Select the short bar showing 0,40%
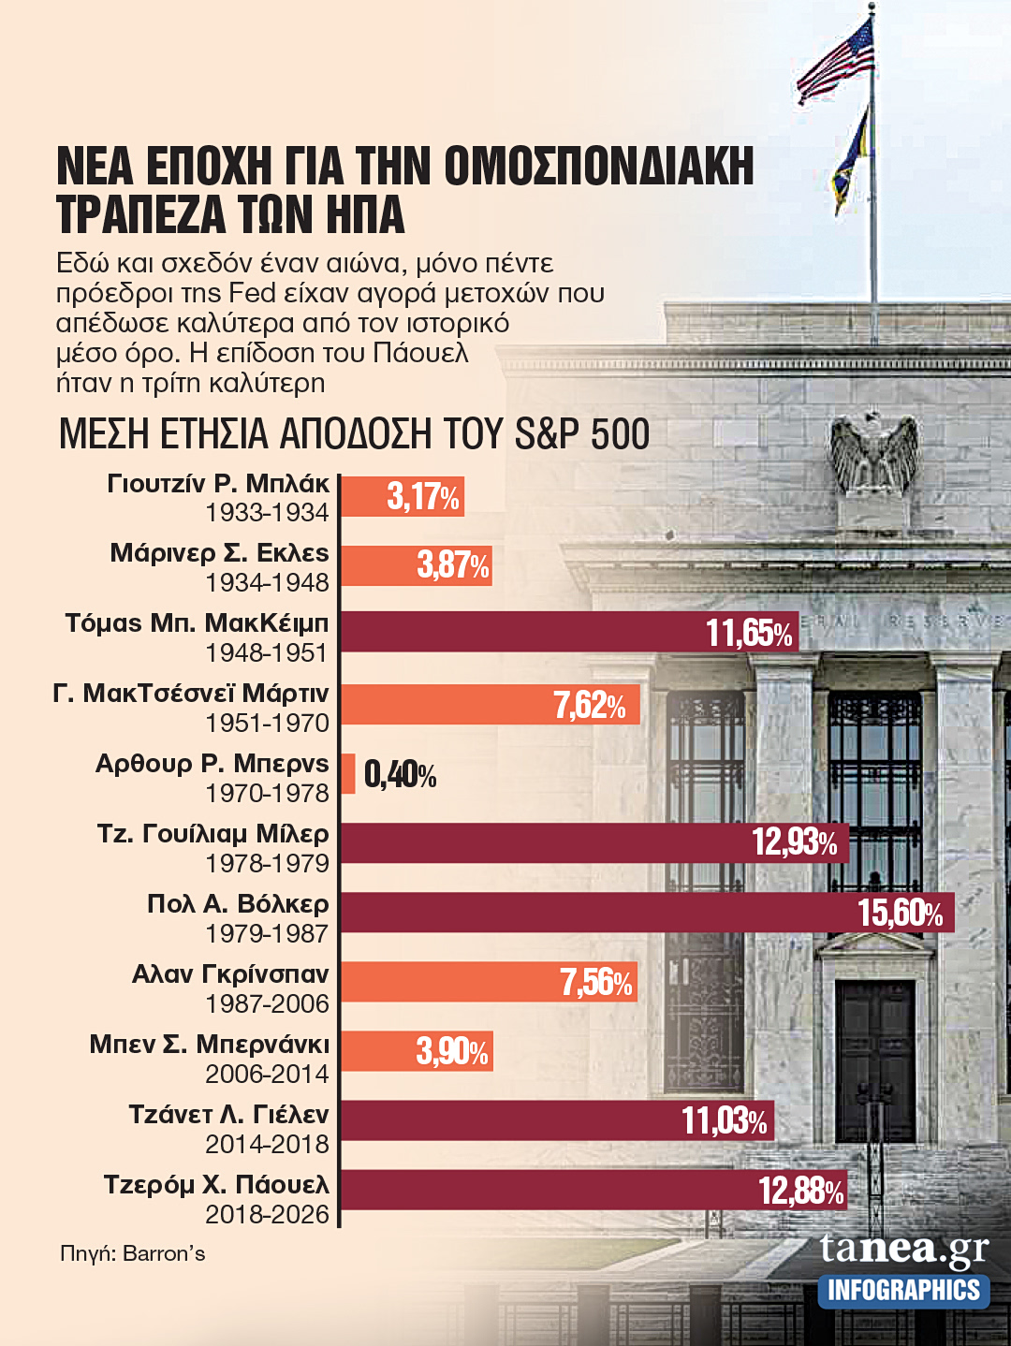(348, 774)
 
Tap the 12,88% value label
(801, 1191)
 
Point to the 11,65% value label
(750, 634)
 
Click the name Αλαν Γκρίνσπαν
(230, 974)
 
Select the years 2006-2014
(267, 1074)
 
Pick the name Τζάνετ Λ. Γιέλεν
(228, 1115)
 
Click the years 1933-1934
(267, 513)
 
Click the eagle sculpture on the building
(874, 456)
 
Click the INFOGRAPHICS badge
(903, 1291)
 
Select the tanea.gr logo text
(903, 1249)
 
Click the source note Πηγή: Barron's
(132, 1253)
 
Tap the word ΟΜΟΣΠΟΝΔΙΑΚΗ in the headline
(598, 167)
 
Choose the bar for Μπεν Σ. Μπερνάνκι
(416, 1051)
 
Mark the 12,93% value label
(795, 842)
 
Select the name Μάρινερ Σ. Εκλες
(219, 553)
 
